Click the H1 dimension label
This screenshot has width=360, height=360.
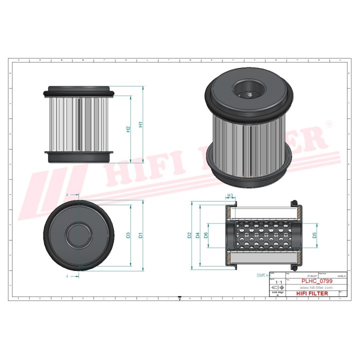click(x=141, y=124)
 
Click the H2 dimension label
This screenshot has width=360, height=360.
click(x=128, y=129)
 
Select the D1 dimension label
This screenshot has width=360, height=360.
click(x=141, y=234)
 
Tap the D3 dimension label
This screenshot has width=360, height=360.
click(x=128, y=234)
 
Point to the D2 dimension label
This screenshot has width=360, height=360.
click(x=189, y=234)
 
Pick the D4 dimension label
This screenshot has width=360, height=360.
click(x=198, y=234)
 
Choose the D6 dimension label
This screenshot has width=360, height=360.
click(x=206, y=234)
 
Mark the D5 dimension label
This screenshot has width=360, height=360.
click(x=314, y=234)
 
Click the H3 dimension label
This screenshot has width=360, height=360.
click(x=230, y=195)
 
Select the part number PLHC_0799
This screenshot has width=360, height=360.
click(x=316, y=281)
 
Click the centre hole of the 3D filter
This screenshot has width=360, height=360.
click(x=247, y=92)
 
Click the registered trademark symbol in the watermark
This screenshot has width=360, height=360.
click(x=329, y=123)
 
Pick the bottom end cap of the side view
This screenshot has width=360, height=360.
click(x=79, y=156)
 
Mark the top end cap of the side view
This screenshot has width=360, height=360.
click(x=79, y=92)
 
